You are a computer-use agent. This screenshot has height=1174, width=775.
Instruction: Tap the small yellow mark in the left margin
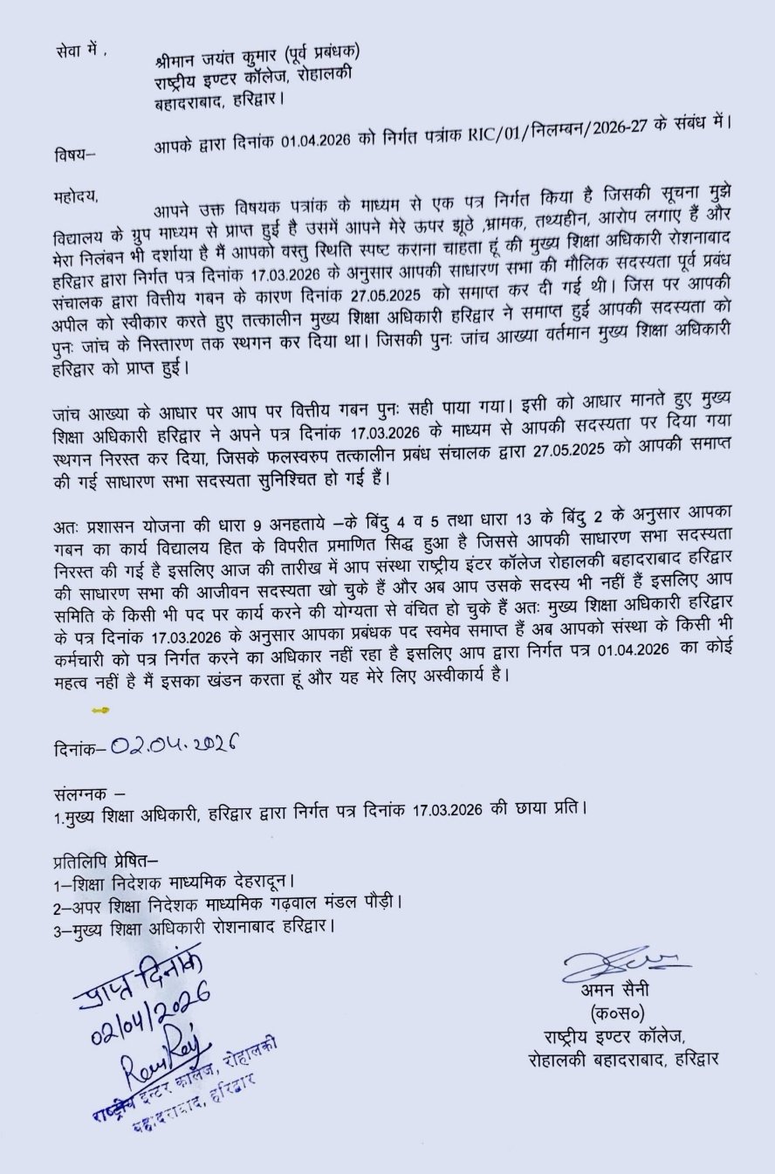coord(99,709)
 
